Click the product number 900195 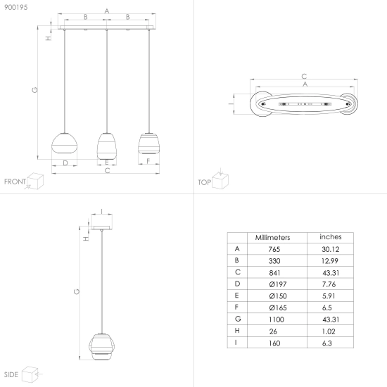pos(15,7)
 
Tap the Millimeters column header pos(272,237)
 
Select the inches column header pos(331,237)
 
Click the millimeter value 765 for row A pos(274,249)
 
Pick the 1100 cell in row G pos(277,319)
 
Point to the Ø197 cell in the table pos(278,284)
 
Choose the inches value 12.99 pos(330,261)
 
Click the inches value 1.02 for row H pos(329,331)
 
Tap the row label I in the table pos(236,343)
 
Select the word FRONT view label pos(15,182)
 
